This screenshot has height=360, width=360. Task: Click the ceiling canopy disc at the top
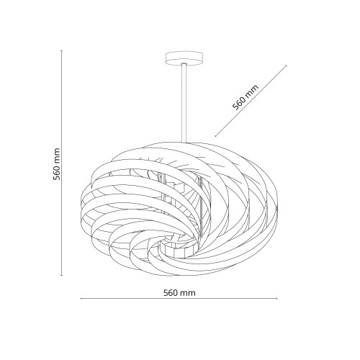click(184, 58)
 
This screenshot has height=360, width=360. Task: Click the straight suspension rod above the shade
click(184, 103)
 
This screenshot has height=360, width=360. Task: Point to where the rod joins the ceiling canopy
click(184, 64)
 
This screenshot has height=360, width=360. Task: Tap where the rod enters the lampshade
click(184, 143)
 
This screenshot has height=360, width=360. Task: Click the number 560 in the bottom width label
click(172, 293)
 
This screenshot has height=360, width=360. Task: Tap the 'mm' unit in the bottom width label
click(189, 293)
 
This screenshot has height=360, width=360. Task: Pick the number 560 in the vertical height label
click(57, 172)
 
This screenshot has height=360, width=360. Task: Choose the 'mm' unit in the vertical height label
click(57, 155)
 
